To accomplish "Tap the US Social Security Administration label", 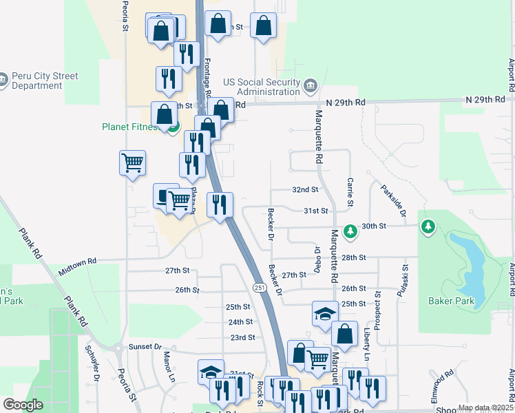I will (268, 87).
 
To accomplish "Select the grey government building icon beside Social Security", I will (311, 86).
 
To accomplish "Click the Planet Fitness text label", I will (132, 127).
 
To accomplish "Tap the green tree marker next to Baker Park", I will (428, 226).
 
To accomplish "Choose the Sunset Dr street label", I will (147, 348).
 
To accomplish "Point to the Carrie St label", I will (350, 192).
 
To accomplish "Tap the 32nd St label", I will (305, 189).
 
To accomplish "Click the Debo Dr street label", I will (318, 259).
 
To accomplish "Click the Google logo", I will (23, 405).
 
